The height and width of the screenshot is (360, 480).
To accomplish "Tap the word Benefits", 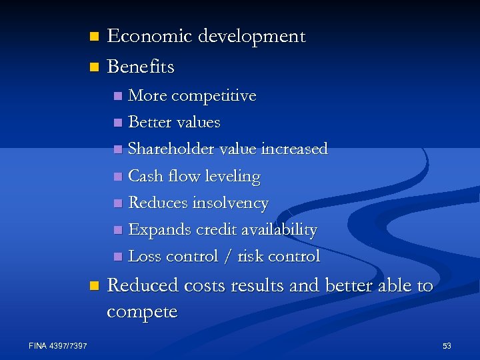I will click(141, 67).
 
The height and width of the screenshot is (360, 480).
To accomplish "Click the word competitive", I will click(214, 96).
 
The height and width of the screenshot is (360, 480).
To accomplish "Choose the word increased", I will click(295, 149).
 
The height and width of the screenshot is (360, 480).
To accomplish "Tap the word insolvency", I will click(231, 203).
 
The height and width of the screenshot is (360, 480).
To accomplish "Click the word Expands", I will click(159, 230).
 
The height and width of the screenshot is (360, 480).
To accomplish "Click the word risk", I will click(269, 256).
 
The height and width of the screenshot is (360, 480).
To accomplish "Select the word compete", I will click(142, 313).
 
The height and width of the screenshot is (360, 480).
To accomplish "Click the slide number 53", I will click(447, 345).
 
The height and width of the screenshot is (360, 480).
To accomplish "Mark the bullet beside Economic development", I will click(93, 36).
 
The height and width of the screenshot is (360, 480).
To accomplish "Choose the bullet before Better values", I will click(118, 123).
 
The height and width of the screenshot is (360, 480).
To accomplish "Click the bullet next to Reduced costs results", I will click(93, 286).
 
